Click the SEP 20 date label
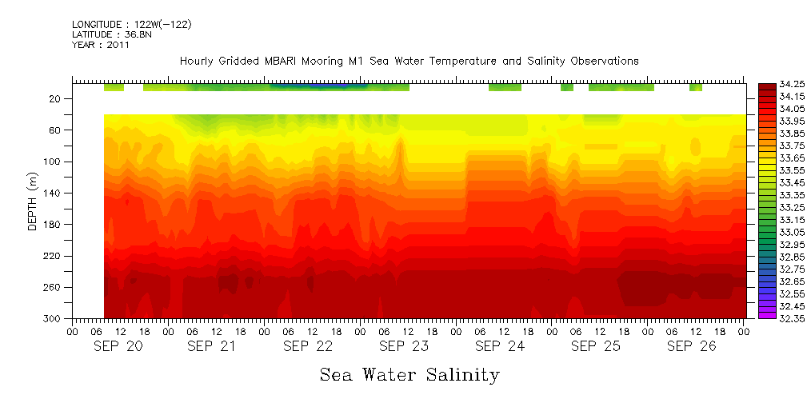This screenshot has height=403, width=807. click(118, 346)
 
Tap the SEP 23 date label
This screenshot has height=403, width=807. click(404, 346)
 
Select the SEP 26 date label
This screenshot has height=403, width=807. click(692, 346)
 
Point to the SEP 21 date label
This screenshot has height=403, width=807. click(211, 346)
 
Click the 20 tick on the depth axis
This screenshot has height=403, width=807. click(56, 98)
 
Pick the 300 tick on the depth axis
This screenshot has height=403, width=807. click(53, 318)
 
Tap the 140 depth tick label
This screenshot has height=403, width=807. click(53, 193)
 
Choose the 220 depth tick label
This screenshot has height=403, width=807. click(53, 256)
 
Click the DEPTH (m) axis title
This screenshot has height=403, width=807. click(33, 204)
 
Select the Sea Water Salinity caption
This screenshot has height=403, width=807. click(409, 374)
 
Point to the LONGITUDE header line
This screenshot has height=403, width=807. click(131, 25)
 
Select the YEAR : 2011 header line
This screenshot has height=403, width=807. click(101, 46)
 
